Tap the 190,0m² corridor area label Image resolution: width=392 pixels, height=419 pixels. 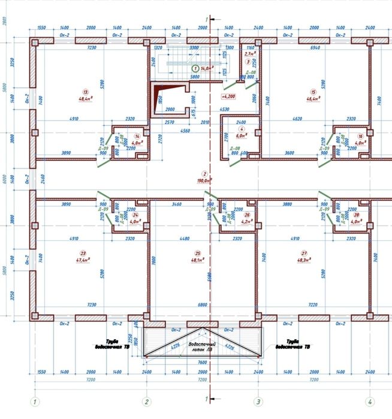[x=205, y=180]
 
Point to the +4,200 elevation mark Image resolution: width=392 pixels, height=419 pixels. [x=228, y=96]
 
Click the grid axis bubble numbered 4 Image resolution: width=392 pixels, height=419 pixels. [x=369, y=401]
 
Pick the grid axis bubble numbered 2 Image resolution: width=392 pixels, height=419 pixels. [x=145, y=401]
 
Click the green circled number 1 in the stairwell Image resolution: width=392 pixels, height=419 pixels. [x=195, y=69]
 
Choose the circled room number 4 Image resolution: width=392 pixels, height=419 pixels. [x=242, y=129]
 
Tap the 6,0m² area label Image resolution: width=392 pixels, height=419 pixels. [x=242, y=136]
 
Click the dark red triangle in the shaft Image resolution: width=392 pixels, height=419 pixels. [x=158, y=96]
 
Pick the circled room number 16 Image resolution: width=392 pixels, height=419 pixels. [x=360, y=136]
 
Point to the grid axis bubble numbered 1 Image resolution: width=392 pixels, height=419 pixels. [x=35, y=401]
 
